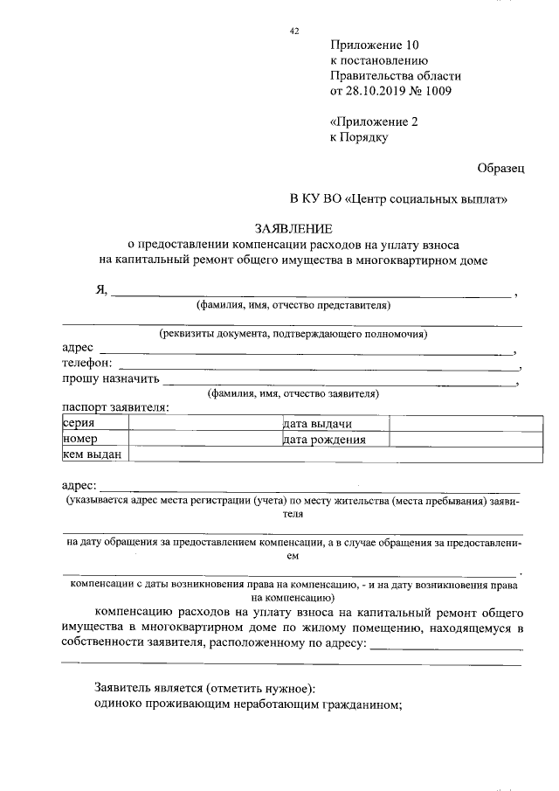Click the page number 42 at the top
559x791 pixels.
[x=294, y=31]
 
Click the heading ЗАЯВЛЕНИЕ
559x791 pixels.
[x=293, y=228]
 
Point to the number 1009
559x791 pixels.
[x=438, y=91]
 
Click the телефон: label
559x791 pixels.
[x=87, y=364]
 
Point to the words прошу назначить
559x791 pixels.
[x=110, y=378]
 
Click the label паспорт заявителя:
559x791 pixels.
[x=115, y=407]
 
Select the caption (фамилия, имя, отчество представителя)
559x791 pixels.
[x=293, y=305]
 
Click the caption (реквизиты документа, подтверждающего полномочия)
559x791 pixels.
[x=293, y=334]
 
